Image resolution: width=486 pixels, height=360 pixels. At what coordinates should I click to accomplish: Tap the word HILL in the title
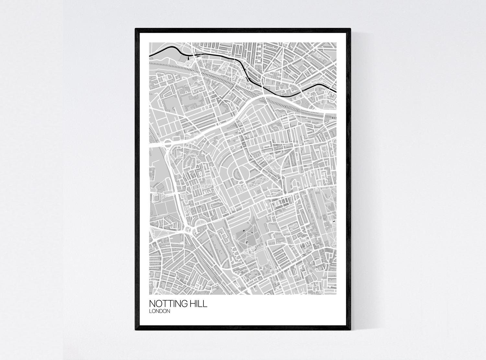pyautogui.click(x=197, y=304)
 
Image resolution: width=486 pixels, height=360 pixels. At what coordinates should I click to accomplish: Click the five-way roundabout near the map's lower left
pyautogui.click(x=187, y=229)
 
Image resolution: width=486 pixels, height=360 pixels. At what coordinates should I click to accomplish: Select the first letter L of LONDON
pyautogui.click(x=150, y=311)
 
